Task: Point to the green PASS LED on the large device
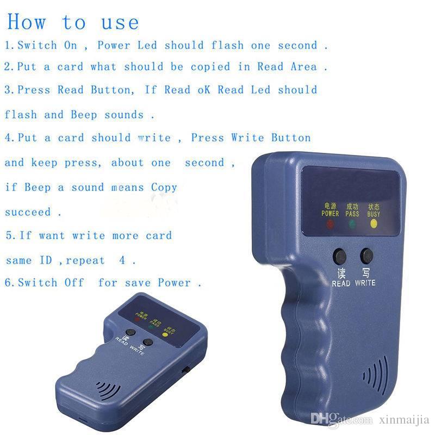pos(352,223)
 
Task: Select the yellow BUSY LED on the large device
pos(374,223)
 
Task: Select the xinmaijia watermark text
pos(403,420)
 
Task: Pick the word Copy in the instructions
pos(164,187)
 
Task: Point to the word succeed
pos(28,212)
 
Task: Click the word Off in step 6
pos(74,283)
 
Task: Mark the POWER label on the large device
pos(330,214)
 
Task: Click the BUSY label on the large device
pos(374,214)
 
